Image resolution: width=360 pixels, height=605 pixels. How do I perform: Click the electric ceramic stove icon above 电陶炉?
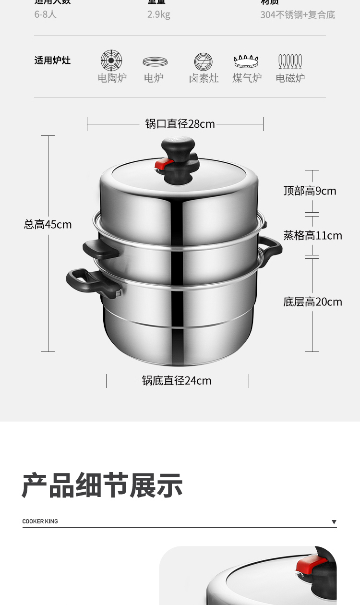pos(111,61)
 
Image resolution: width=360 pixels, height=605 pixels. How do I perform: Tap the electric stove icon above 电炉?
pos(155,62)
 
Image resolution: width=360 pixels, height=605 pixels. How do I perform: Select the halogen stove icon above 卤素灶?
pos(204,62)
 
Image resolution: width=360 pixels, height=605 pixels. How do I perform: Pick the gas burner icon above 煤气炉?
pos(246,61)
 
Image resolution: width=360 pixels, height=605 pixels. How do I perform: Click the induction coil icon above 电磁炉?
pos(290,61)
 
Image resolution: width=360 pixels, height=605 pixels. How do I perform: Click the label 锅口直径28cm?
pos(180,124)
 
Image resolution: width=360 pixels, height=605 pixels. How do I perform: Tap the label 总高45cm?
pos(48,224)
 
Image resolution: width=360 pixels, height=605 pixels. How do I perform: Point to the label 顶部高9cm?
pos(310,191)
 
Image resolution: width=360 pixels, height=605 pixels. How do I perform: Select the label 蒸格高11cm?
pos(312,235)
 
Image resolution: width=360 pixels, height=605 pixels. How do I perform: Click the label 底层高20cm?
pos(312,302)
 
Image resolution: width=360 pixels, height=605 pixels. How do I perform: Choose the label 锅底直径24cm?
pos(177,381)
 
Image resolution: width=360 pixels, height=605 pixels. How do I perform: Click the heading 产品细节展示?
pos(102,485)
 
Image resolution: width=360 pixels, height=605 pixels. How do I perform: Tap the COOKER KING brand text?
pos(40,521)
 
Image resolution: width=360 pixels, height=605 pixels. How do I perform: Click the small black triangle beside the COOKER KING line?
pos(334,522)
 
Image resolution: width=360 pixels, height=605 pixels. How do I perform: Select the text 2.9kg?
pos(159,15)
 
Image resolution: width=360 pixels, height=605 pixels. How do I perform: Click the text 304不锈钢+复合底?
pos(298,15)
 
